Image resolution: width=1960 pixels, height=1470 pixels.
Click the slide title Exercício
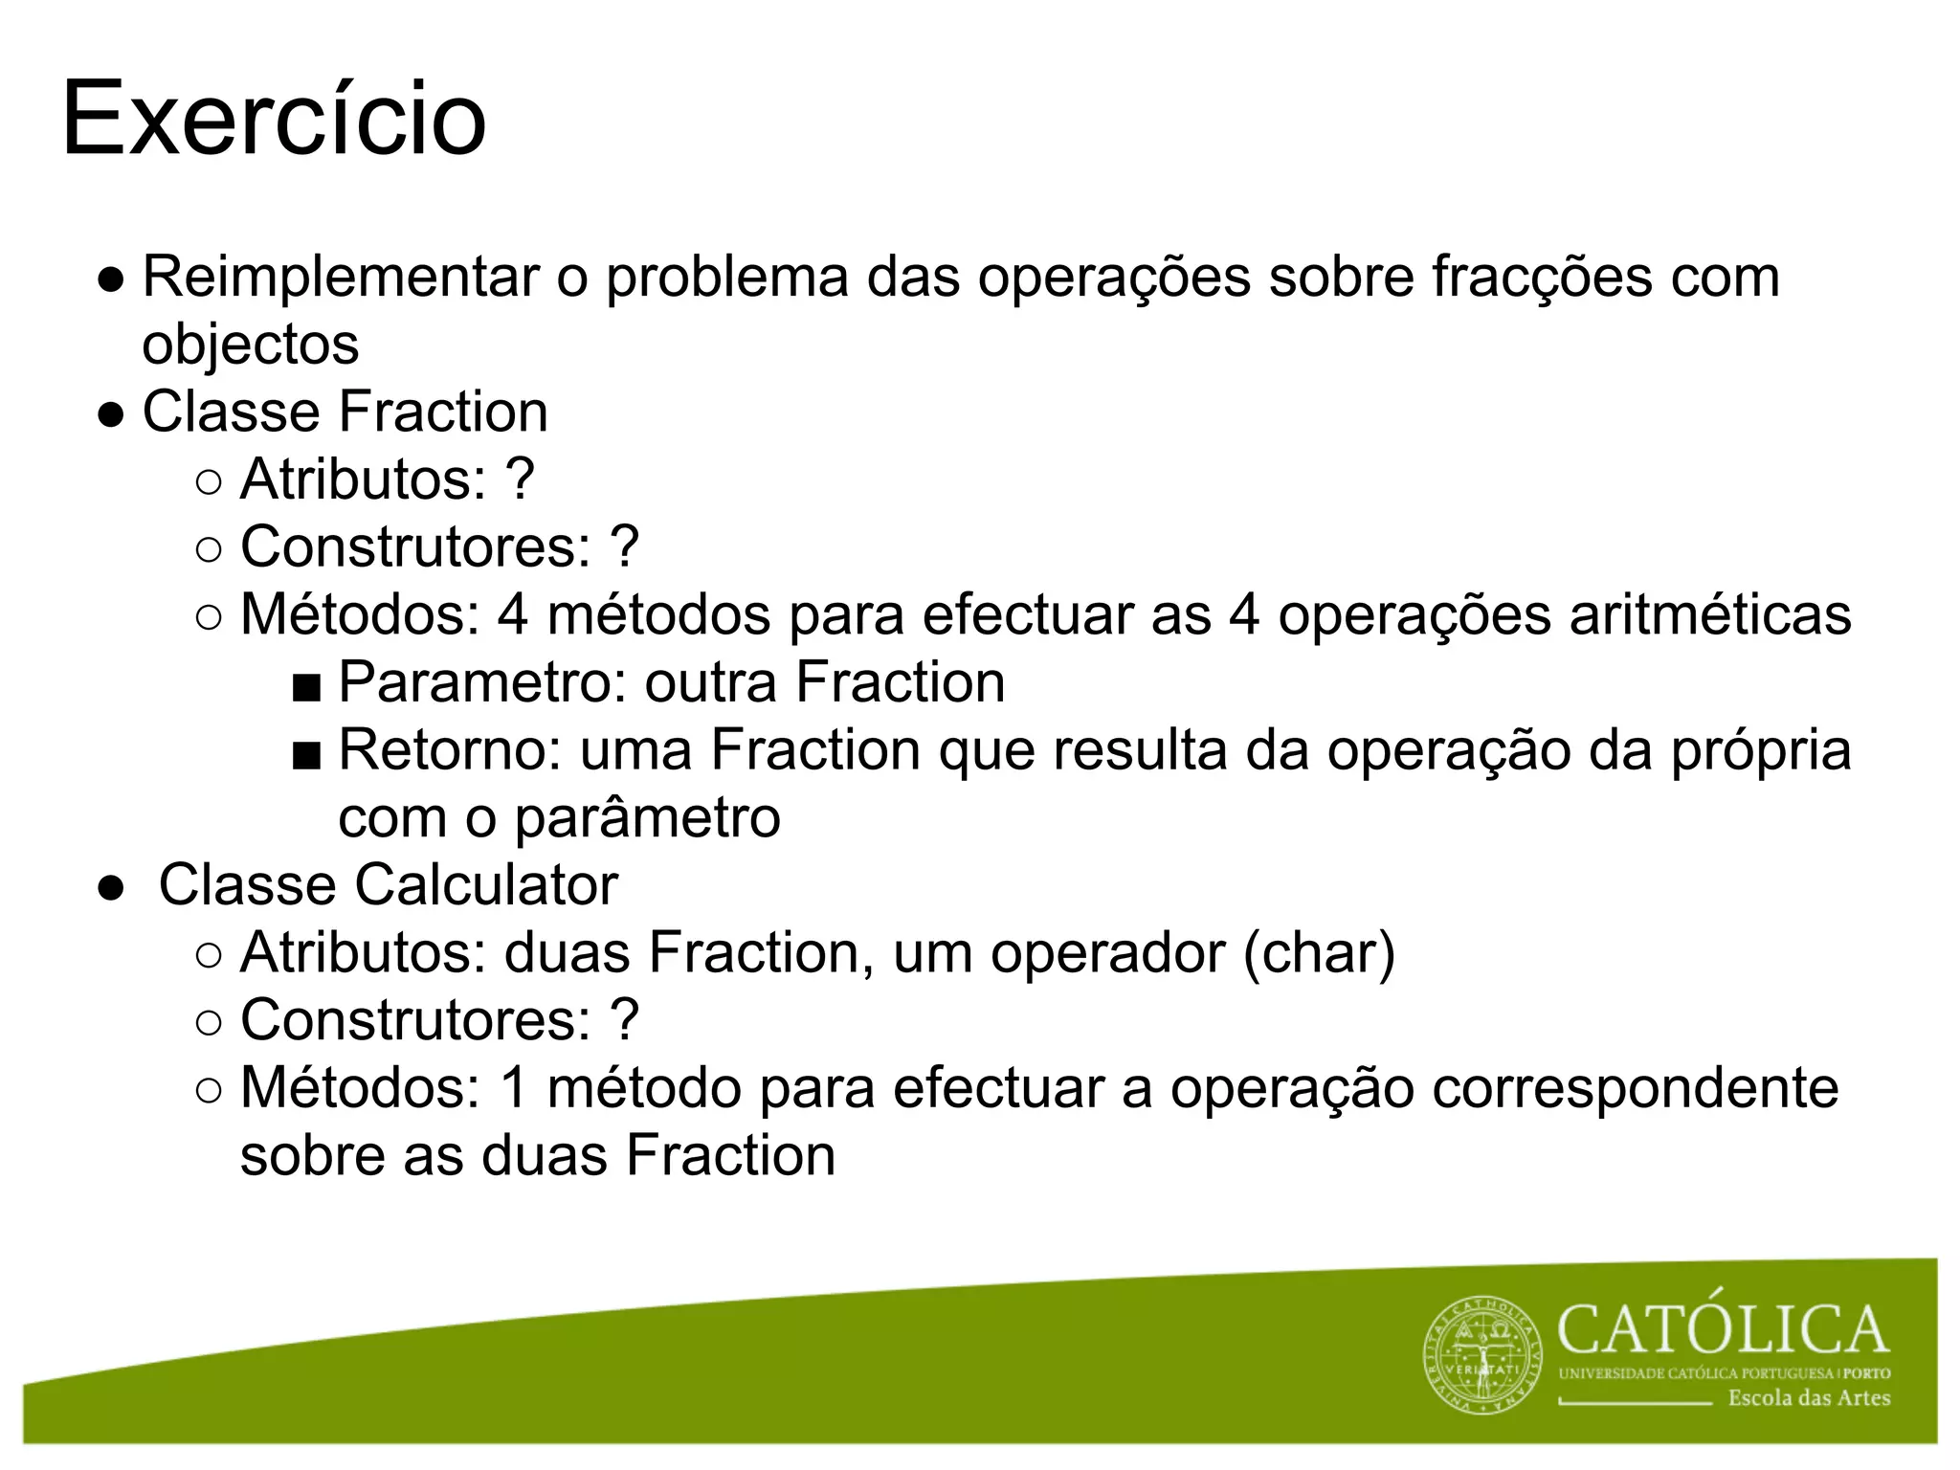click(274, 121)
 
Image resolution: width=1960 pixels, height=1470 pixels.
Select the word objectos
click(251, 345)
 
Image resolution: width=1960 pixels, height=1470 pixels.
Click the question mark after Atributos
click(519, 479)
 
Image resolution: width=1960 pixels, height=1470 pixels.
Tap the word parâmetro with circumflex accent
click(648, 817)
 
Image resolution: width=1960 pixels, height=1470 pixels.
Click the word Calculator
click(486, 884)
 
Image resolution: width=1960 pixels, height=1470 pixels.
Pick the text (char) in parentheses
click(1319, 953)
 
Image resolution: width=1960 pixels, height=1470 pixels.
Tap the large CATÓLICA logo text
click(1723, 1330)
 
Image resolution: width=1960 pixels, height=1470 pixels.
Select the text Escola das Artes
click(1809, 1398)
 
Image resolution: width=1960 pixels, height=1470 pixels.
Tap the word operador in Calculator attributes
click(1107, 953)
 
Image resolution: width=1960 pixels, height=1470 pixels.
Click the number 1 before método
click(514, 1088)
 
